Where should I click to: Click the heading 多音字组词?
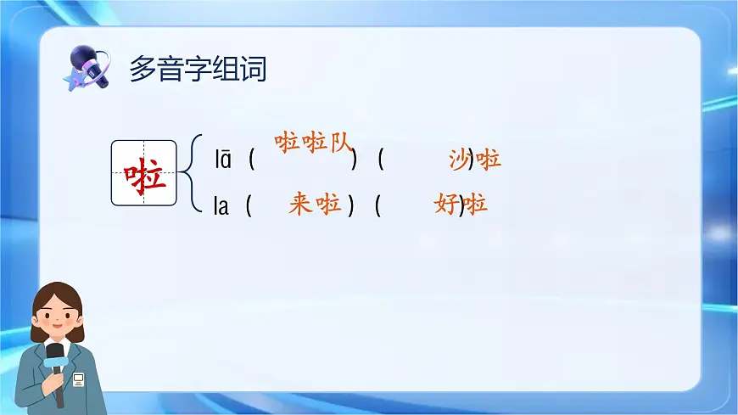(198, 69)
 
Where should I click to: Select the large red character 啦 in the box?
(144, 173)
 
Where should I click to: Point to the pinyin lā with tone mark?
(222, 159)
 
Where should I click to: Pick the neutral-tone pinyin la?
(221, 205)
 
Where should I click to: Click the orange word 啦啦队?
(313, 143)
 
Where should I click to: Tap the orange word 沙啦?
(475, 159)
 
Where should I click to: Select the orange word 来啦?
(315, 204)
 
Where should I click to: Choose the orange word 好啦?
(461, 204)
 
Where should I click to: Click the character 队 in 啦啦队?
(339, 143)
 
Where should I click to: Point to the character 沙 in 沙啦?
(461, 159)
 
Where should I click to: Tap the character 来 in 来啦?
(300, 204)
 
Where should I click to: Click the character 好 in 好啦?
(446, 204)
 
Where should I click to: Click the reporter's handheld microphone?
(55, 361)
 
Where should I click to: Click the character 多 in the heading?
(142, 69)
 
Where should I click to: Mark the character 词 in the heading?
(254, 69)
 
